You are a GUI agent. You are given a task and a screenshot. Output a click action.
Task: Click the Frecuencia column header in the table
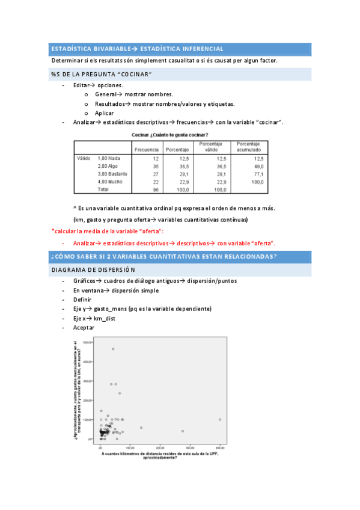click(x=147, y=149)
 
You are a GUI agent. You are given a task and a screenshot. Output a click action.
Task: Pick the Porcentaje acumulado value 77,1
click(x=258, y=173)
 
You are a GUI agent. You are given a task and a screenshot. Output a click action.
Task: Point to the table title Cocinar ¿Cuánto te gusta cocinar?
click(x=171, y=135)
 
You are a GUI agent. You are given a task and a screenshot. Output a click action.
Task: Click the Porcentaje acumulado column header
click(x=248, y=147)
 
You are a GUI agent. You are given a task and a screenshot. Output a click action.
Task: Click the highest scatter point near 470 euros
click(x=112, y=349)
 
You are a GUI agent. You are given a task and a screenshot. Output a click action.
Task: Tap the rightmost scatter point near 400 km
click(x=220, y=419)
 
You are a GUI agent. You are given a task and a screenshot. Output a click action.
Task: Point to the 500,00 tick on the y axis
click(x=87, y=342)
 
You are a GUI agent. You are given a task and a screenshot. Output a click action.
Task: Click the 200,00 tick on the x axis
click(x=160, y=447)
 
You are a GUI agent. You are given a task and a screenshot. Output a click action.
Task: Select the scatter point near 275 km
click(x=183, y=431)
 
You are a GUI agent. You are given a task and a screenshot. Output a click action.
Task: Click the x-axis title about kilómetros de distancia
click(x=160, y=455)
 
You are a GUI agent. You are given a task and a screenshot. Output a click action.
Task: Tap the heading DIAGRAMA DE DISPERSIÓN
click(x=93, y=270)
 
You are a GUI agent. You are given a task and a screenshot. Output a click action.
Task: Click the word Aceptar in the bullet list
click(x=84, y=328)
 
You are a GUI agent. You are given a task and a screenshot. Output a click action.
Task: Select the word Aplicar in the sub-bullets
click(x=104, y=113)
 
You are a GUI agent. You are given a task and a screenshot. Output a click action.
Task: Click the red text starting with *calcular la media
click(x=107, y=232)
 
